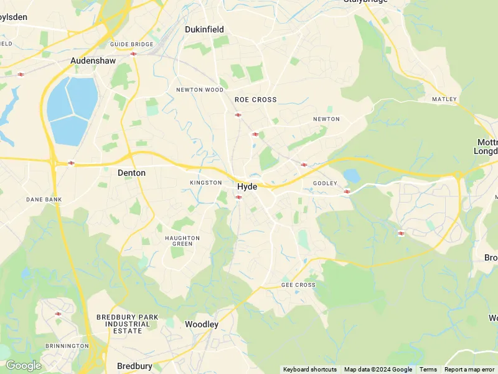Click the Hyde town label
coord(247,186)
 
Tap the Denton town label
coord(131,173)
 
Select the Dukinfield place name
coord(204,29)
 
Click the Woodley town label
coord(202,324)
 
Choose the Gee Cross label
coord(298,285)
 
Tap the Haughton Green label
coord(182,241)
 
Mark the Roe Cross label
coord(255,100)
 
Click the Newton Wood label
coord(200,90)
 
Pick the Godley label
coord(325,183)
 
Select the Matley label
coord(444,99)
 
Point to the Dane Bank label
coord(44,199)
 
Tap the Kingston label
coord(206,183)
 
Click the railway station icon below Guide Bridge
coord(134,54)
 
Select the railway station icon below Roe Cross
coord(238,115)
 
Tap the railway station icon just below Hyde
coord(238,197)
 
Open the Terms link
coord(428,370)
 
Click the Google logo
coord(23,365)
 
